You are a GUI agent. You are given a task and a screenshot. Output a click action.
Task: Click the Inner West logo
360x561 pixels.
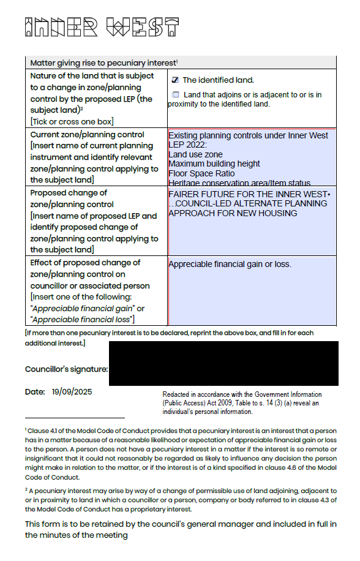pyautogui.click(x=102, y=28)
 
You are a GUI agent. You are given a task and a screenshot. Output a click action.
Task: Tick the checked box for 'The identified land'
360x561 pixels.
pyautogui.click(x=175, y=80)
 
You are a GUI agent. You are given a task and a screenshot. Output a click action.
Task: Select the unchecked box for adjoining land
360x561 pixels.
pyautogui.click(x=176, y=95)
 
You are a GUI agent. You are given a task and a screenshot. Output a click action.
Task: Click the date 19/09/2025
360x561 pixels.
pyautogui.click(x=72, y=392)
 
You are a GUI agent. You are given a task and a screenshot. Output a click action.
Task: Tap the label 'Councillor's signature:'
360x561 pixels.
pyautogui.click(x=66, y=369)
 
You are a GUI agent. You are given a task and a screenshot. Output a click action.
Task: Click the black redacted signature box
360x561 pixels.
pyautogui.click(x=223, y=364)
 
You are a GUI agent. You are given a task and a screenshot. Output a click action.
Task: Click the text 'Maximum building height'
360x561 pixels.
pyautogui.click(x=214, y=164)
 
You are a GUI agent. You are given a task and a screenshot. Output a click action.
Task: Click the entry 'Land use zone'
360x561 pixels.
pyautogui.click(x=195, y=154)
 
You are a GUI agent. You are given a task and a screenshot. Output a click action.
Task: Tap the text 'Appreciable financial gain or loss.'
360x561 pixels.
pyautogui.click(x=230, y=265)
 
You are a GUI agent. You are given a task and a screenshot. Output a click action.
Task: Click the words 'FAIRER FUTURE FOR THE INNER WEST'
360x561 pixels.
pyautogui.click(x=248, y=194)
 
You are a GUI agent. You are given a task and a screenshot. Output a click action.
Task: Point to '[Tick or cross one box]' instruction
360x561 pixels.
pyautogui.click(x=72, y=121)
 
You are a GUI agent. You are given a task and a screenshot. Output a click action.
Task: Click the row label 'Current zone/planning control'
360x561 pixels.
pyautogui.click(x=87, y=134)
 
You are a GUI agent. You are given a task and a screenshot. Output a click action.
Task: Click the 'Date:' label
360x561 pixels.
pyautogui.click(x=35, y=392)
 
